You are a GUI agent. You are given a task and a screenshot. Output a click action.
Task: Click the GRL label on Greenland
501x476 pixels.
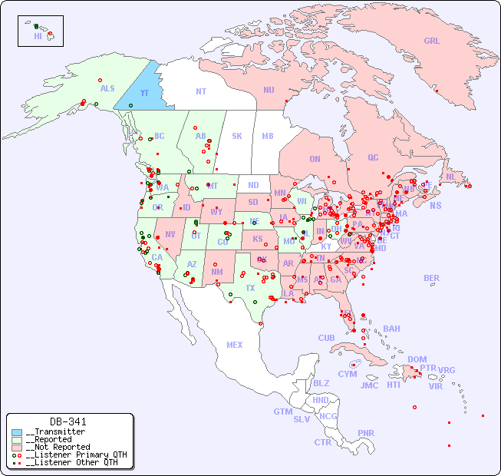pyautogui.click(x=432, y=41)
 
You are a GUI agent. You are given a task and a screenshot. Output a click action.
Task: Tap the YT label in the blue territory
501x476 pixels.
pyautogui.click(x=144, y=93)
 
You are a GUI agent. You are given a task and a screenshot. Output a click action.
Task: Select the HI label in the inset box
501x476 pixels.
pyautogui.click(x=38, y=36)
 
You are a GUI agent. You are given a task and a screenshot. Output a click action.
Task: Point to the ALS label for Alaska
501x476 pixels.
pyautogui.click(x=107, y=89)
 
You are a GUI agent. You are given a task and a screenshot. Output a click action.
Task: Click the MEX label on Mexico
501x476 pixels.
pyautogui.click(x=235, y=345)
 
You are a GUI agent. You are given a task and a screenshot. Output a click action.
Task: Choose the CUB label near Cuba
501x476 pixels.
pyautogui.click(x=327, y=338)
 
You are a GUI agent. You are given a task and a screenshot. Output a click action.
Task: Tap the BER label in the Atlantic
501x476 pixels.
pyautogui.click(x=432, y=278)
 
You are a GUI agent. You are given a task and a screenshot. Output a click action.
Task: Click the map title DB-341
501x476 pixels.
pyautogui.click(x=68, y=421)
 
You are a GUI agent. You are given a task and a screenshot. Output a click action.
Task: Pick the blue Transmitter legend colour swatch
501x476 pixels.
pyautogui.click(x=17, y=432)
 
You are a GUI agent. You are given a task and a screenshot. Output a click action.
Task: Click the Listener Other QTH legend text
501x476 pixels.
pyautogui.click(x=71, y=462)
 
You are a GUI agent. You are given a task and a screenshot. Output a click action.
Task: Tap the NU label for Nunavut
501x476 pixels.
pyautogui.click(x=269, y=90)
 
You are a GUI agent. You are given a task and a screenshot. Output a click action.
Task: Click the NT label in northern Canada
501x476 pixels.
pyautogui.click(x=200, y=91)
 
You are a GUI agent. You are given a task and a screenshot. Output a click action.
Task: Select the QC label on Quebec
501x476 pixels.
pyautogui.click(x=373, y=157)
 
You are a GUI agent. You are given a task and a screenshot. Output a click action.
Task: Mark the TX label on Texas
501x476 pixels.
pyautogui.click(x=250, y=288)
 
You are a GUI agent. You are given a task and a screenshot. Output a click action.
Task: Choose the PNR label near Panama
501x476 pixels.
pyautogui.click(x=366, y=433)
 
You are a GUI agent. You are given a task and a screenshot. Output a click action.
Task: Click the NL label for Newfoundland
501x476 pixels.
pyautogui.click(x=450, y=177)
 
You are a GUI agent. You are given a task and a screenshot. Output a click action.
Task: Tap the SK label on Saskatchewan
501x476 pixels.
pyautogui.click(x=237, y=136)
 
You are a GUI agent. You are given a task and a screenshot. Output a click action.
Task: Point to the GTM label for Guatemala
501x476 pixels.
pyautogui.click(x=282, y=412)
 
